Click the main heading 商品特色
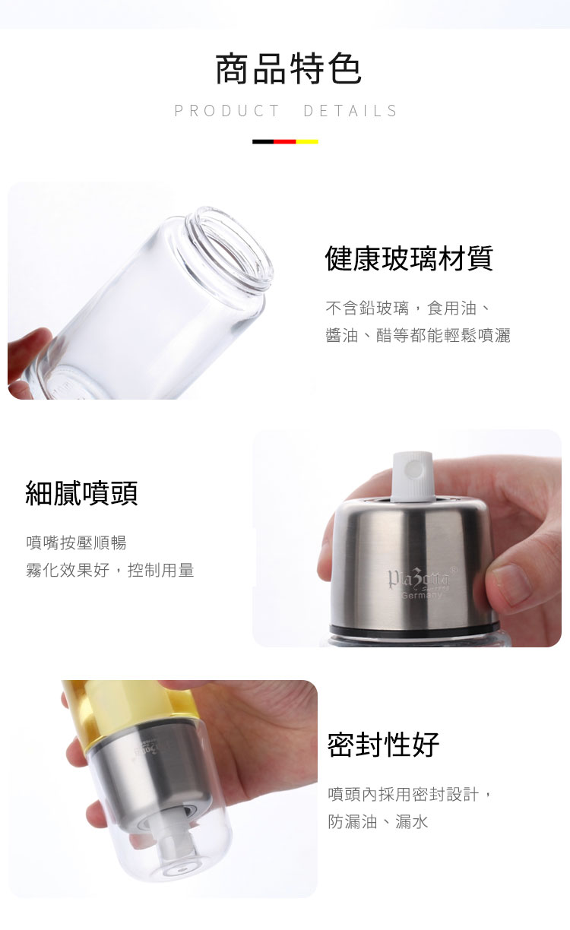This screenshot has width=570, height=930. pyautogui.click(x=288, y=69)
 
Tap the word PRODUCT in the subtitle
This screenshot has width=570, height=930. pyautogui.click(x=227, y=111)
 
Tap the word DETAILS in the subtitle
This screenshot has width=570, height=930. pyautogui.click(x=350, y=111)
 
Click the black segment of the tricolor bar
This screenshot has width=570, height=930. pyautogui.click(x=263, y=141)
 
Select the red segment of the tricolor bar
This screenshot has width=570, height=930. pyautogui.click(x=285, y=141)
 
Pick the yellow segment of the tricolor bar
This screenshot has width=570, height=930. pyautogui.click(x=307, y=141)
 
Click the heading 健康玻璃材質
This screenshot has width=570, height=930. pyautogui.click(x=409, y=258)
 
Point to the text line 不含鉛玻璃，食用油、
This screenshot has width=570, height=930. pyautogui.click(x=408, y=308)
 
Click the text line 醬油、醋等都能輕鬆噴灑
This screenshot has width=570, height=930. pyautogui.click(x=418, y=335)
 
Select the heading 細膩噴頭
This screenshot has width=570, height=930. pyautogui.click(x=82, y=493)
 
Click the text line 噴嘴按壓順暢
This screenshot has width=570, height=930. pyautogui.click(x=76, y=542)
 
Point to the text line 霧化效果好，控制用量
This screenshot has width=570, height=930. pyautogui.click(x=110, y=570)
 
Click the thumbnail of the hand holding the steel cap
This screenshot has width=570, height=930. pyautogui.click(x=407, y=538)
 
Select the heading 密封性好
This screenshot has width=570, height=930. pyautogui.click(x=384, y=745)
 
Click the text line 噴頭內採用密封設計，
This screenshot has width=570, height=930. pyautogui.click(x=411, y=794)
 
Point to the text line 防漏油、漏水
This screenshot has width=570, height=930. pyautogui.click(x=378, y=821)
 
